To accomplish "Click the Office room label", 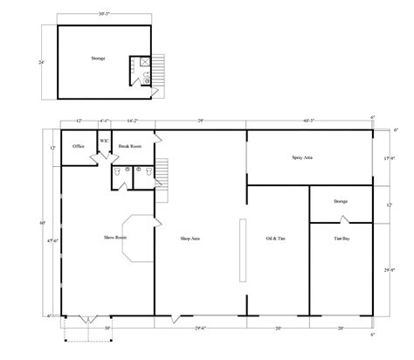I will pyautogui.click(x=78, y=146).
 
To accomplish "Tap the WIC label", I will pyautogui.click(x=103, y=140).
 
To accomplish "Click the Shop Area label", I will pyautogui.click(x=191, y=238).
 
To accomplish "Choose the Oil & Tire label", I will pyautogui.click(x=277, y=237).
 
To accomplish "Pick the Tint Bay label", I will pyautogui.click(x=341, y=238).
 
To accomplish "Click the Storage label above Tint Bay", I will pyautogui.click(x=341, y=201).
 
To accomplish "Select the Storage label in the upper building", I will pyautogui.click(x=98, y=59).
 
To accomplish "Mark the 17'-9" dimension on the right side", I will pyautogui.click(x=388, y=157).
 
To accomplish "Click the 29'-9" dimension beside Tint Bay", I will pyautogui.click(x=388, y=269).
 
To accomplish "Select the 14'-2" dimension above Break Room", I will pyautogui.click(x=132, y=120).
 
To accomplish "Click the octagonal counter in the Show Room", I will pyautogui.click(x=135, y=237).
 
